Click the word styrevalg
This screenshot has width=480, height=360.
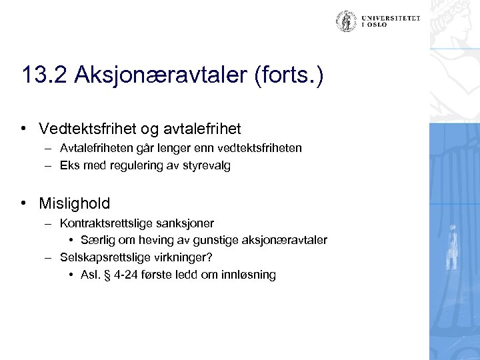(209, 167)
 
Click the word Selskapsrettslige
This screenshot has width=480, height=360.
(101, 257)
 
